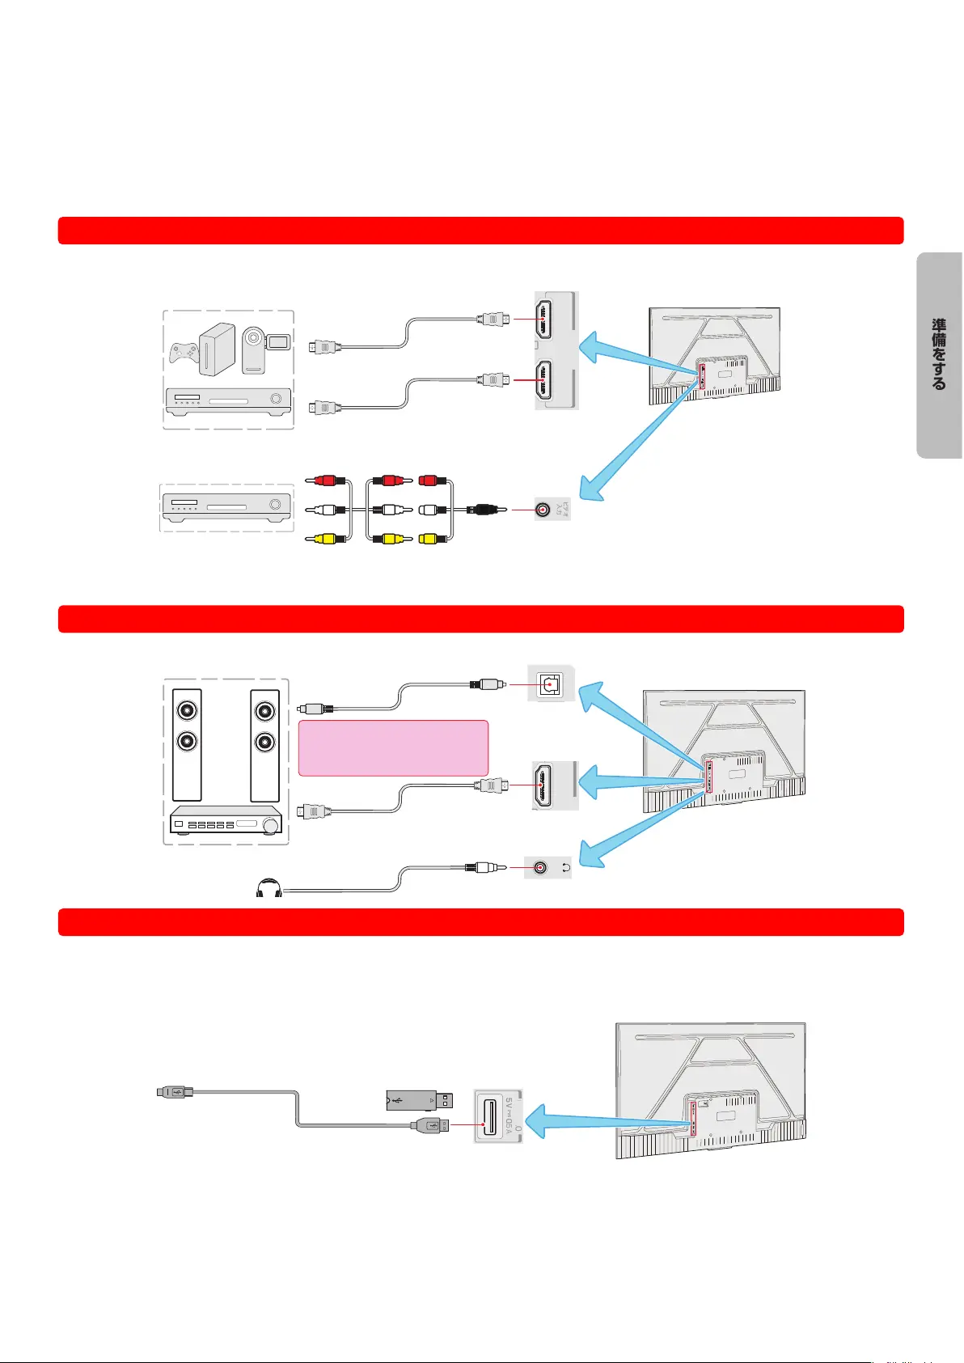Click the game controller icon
tap(184, 353)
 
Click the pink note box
tap(393, 748)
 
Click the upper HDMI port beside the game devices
tap(543, 319)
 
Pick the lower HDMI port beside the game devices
tap(543, 379)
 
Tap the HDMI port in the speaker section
tap(543, 785)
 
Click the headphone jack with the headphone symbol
tap(541, 868)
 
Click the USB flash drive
tap(418, 1100)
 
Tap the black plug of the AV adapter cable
tap(484, 510)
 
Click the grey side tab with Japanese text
tap(939, 355)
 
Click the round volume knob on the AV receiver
tap(269, 825)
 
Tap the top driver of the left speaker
tap(188, 711)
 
